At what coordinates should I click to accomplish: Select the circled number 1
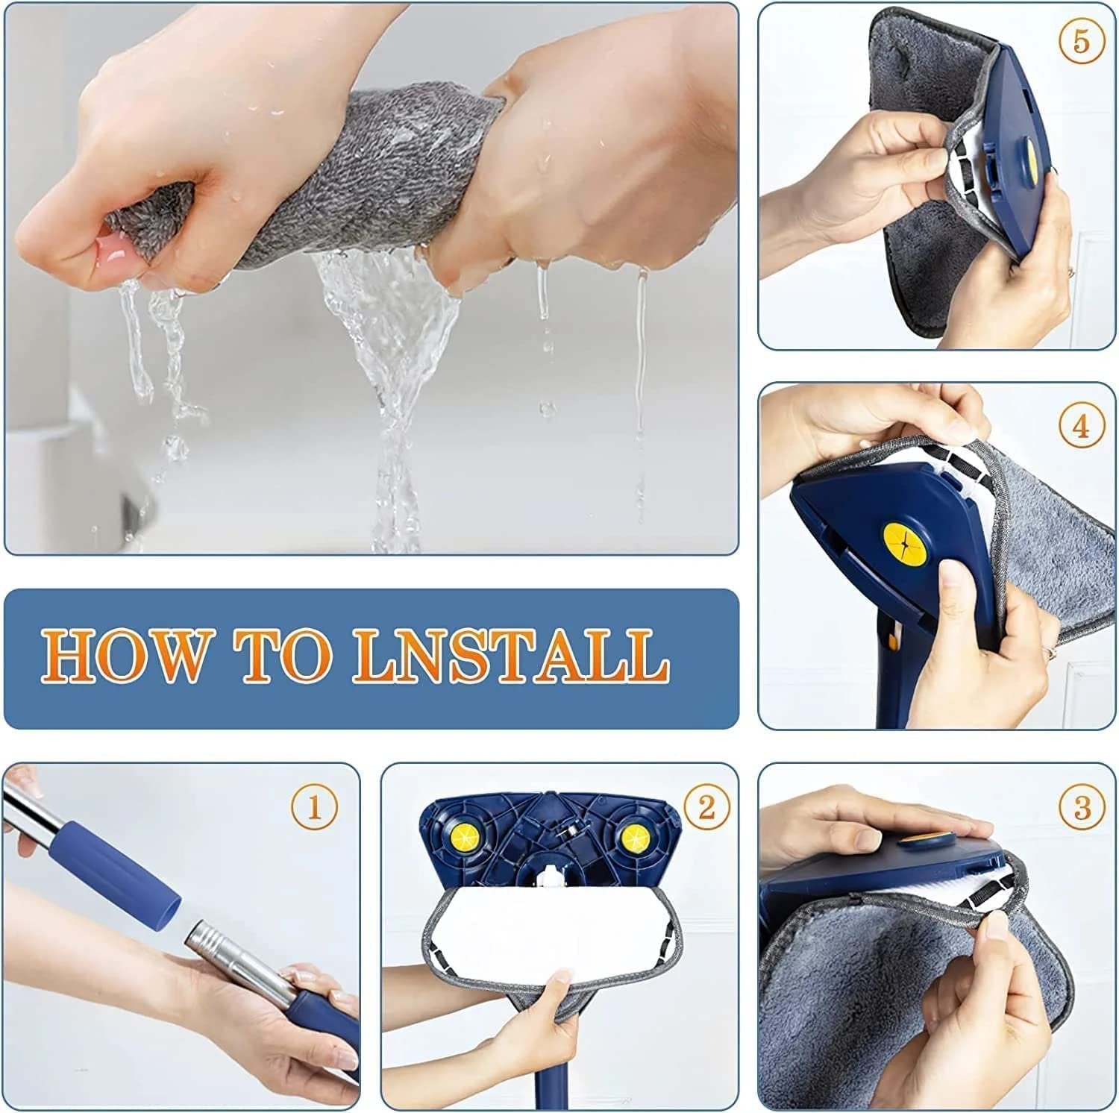(x=314, y=807)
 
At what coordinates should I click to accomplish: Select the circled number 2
(x=706, y=807)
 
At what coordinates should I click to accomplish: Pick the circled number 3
(x=1082, y=807)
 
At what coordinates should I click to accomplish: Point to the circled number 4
(x=1082, y=427)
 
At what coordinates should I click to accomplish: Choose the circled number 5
(x=1082, y=42)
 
